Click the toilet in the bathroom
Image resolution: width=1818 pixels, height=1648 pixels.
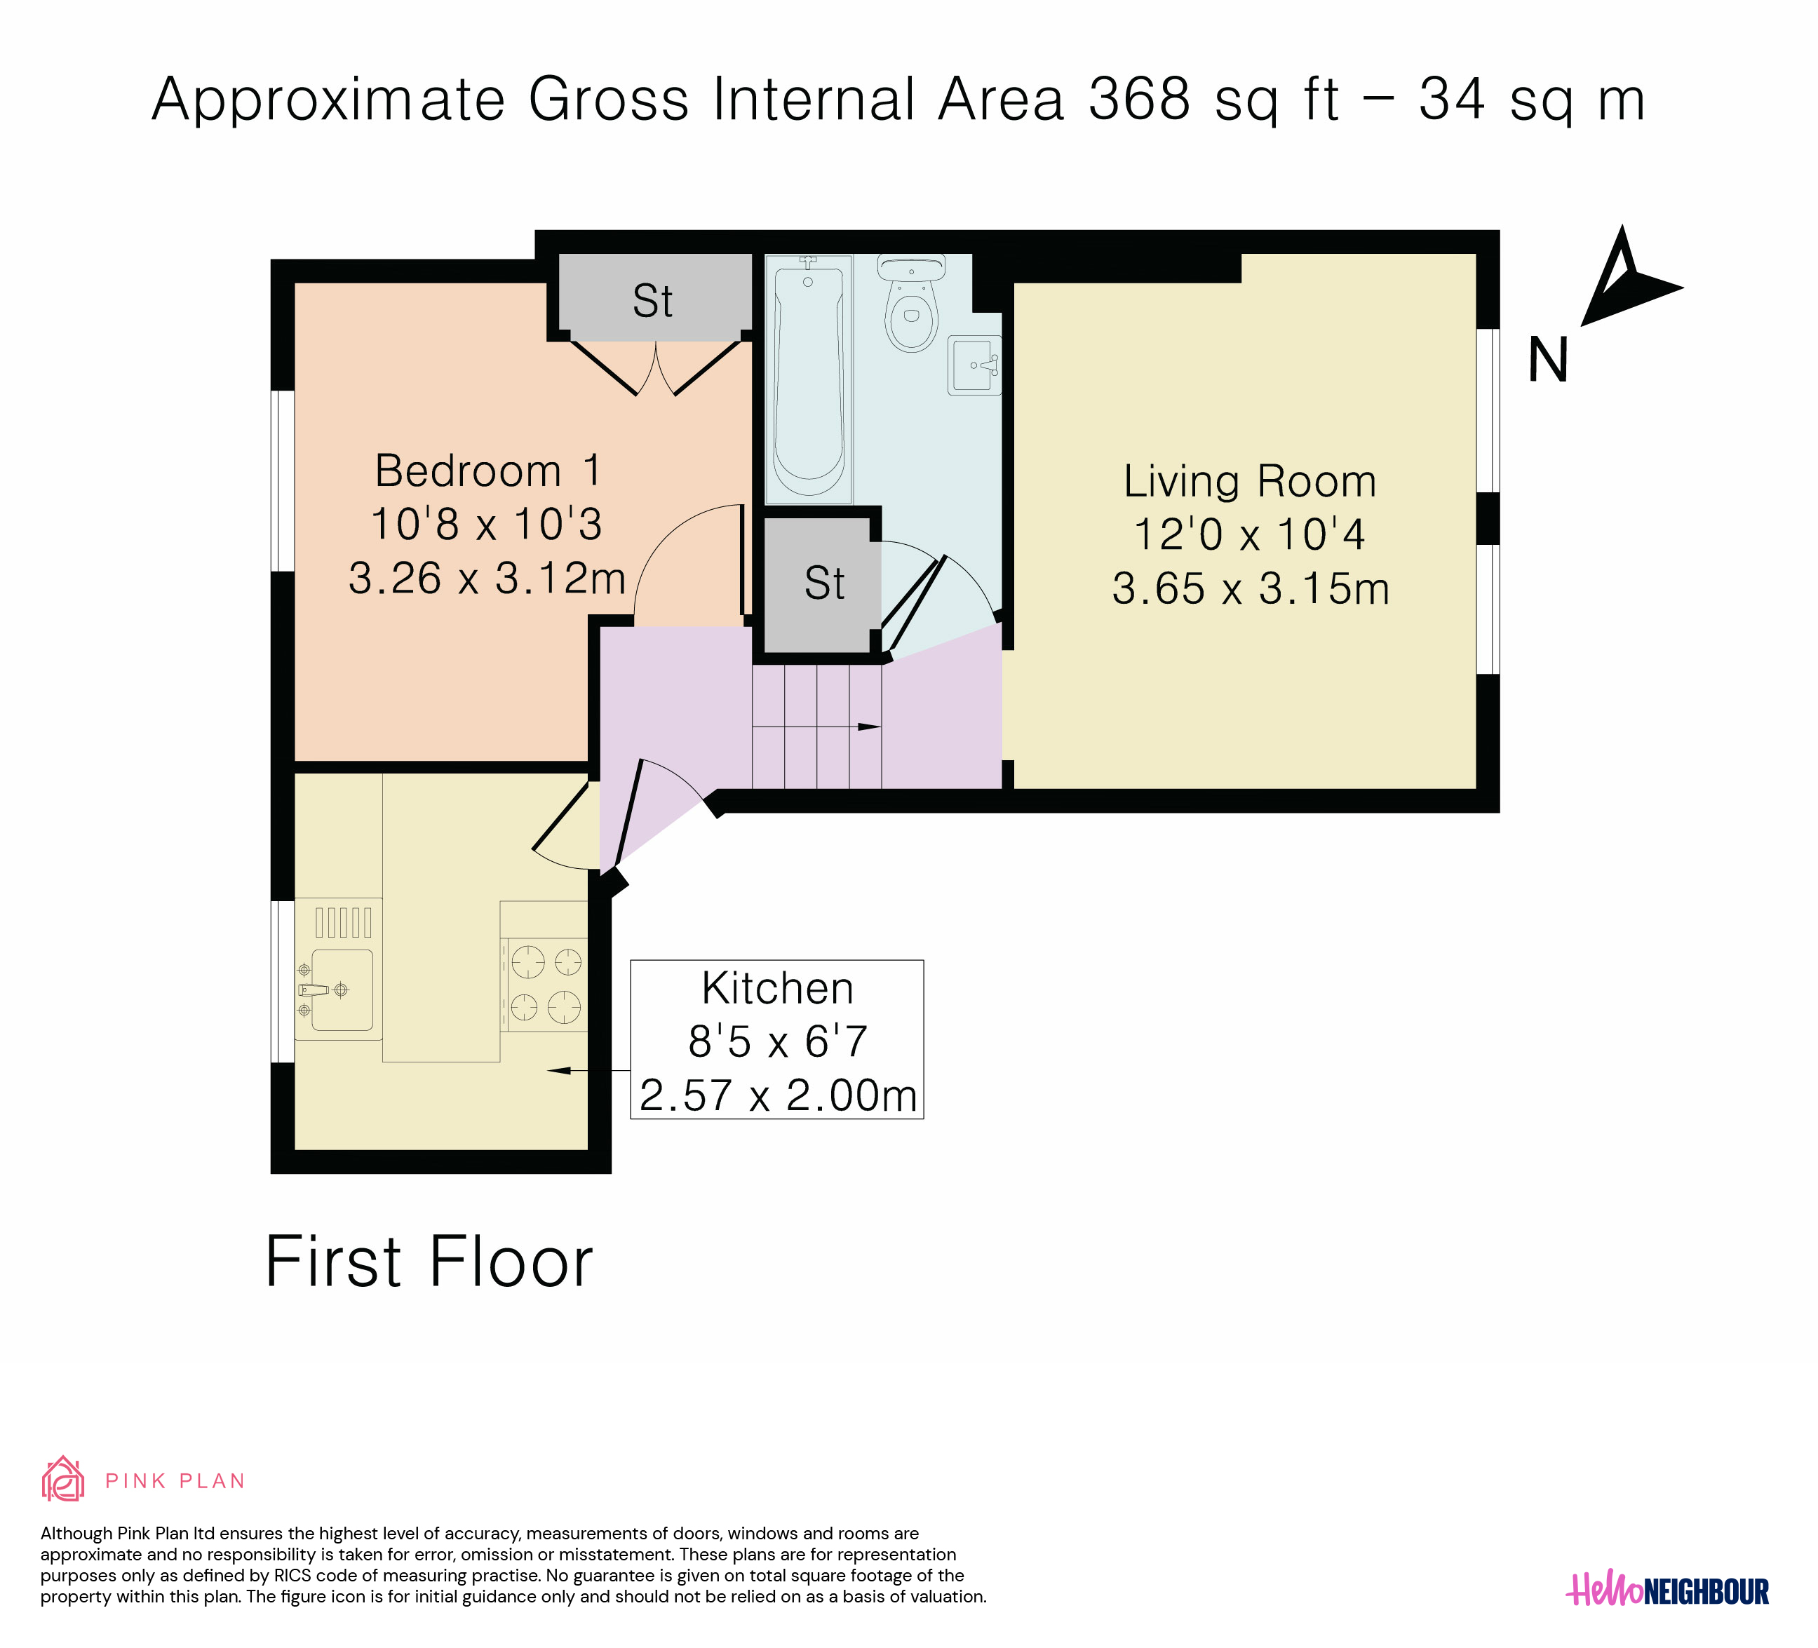[912, 303]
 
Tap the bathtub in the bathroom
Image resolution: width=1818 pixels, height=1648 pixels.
[809, 379]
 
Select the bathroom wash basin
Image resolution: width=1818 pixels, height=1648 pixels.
[975, 365]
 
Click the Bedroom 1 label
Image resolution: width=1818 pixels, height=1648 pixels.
[488, 471]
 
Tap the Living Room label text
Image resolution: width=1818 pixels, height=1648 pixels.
[1250, 481]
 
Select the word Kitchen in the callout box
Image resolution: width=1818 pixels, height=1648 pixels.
[777, 988]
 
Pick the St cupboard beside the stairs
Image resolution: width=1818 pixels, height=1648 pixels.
[823, 583]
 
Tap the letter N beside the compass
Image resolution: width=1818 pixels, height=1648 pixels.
[1549, 360]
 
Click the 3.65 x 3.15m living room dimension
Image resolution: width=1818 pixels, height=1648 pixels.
[1251, 588]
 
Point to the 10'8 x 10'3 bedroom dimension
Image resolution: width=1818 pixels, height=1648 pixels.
[486, 524]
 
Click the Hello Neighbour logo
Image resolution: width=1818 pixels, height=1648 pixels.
[1667, 1590]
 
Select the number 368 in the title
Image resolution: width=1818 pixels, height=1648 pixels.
[1140, 98]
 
